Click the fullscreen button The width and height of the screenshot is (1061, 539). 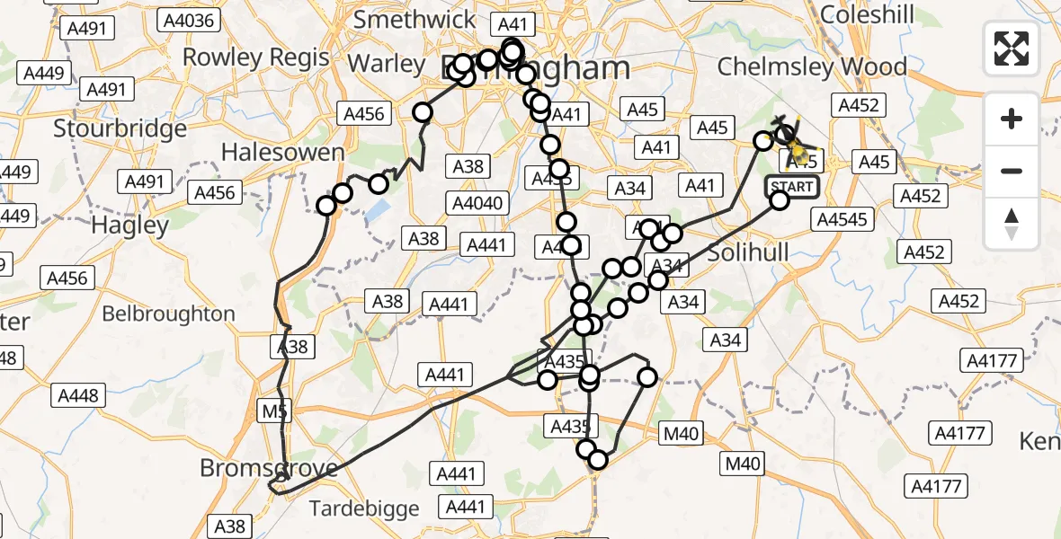(x=1012, y=48)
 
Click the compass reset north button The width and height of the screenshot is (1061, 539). (x=1012, y=224)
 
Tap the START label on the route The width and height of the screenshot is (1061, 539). (x=791, y=187)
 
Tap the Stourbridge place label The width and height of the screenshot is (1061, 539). (x=120, y=128)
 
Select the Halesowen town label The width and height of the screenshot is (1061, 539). (x=282, y=153)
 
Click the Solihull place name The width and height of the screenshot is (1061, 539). (x=747, y=253)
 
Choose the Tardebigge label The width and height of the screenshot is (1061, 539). (x=364, y=508)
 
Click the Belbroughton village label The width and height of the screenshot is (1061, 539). (x=168, y=314)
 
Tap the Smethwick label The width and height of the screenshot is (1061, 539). (x=415, y=20)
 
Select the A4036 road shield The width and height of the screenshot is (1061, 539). (x=186, y=19)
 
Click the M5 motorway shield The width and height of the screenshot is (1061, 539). (x=275, y=411)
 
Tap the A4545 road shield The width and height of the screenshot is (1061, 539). (x=843, y=218)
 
